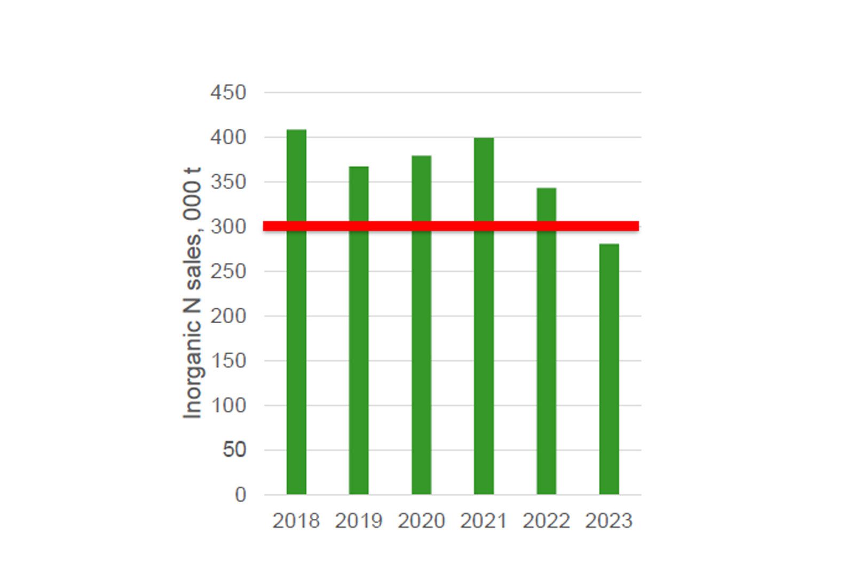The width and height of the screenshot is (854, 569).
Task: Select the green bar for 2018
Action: pyautogui.click(x=296, y=321)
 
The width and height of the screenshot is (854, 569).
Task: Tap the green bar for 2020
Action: pyautogui.click(x=421, y=342)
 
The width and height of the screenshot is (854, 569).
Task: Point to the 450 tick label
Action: pyautogui.click(x=228, y=93)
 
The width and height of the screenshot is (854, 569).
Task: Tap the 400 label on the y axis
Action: pyautogui.click(x=228, y=137)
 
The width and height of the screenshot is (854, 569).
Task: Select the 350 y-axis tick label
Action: pyautogui.click(x=228, y=182)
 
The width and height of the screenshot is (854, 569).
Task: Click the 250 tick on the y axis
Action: pyautogui.click(x=228, y=271)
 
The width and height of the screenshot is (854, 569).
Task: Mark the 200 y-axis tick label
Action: pyautogui.click(x=228, y=316)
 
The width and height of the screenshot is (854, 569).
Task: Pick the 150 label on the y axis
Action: pyautogui.click(x=228, y=361)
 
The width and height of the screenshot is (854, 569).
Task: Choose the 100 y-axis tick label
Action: pyautogui.click(x=228, y=406)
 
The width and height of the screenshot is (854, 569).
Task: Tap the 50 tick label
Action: pyautogui.click(x=234, y=450)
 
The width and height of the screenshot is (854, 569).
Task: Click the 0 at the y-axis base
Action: pyautogui.click(x=240, y=495)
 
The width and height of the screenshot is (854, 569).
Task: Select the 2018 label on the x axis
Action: pyautogui.click(x=296, y=521)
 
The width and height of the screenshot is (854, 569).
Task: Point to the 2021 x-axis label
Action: pyautogui.click(x=484, y=521)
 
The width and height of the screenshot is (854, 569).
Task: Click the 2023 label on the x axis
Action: pyautogui.click(x=609, y=521)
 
